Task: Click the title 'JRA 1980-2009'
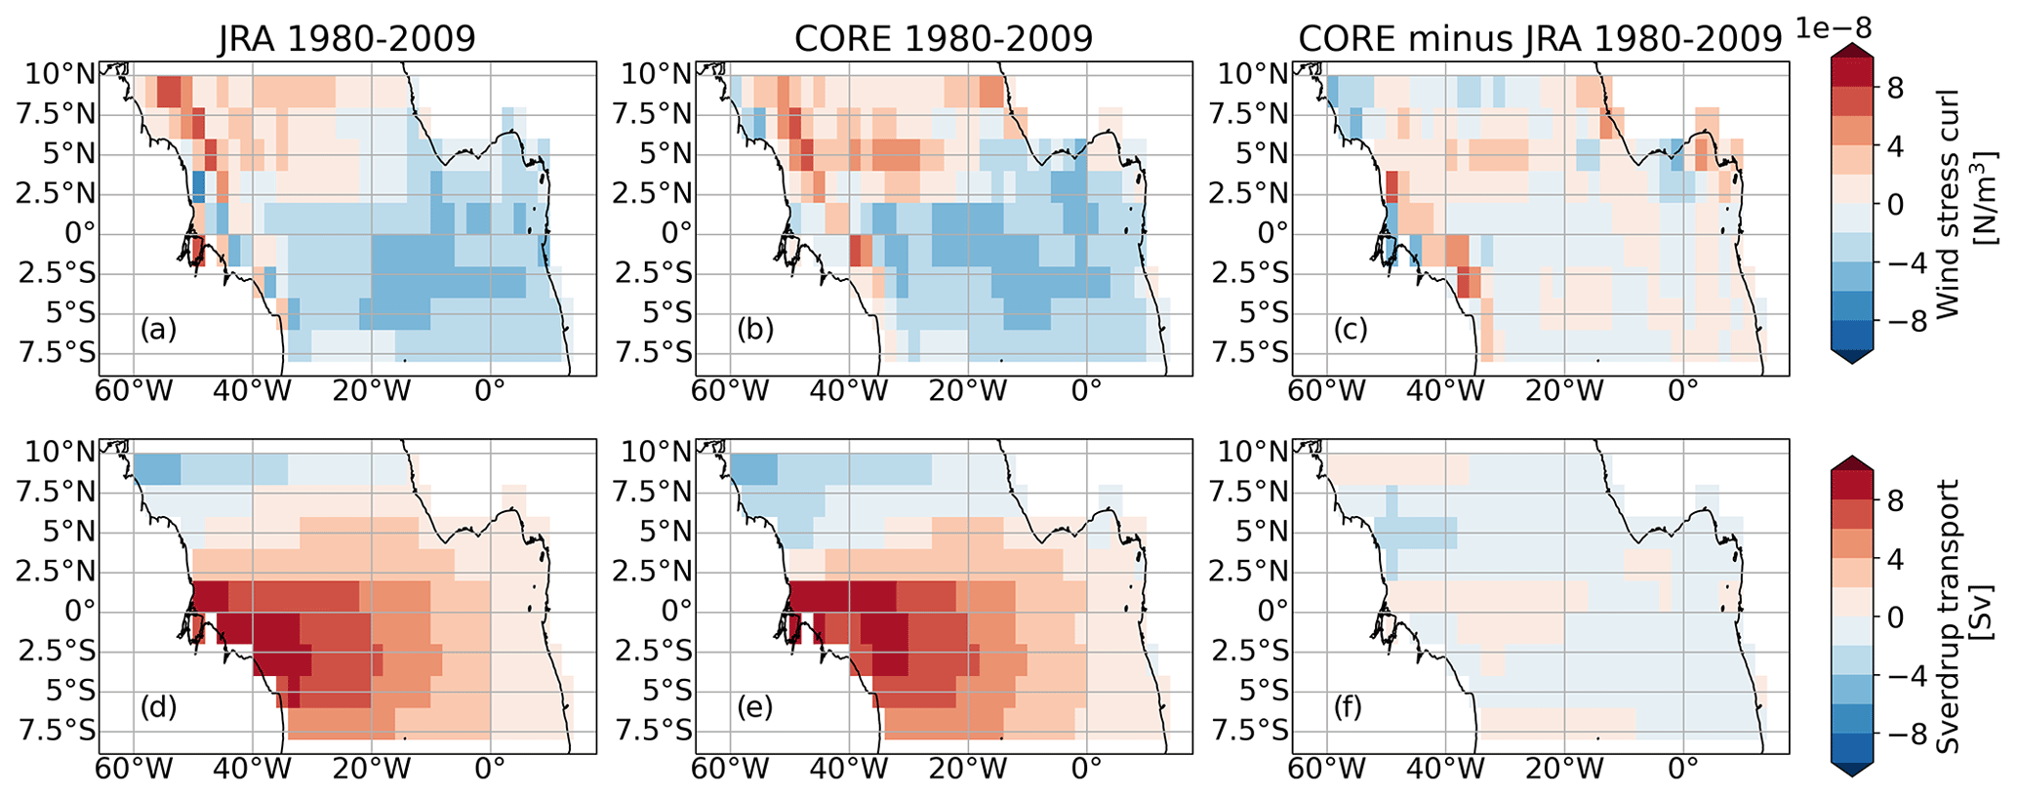coord(346,39)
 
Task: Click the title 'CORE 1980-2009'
coord(944,39)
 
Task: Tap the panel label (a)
coord(158,330)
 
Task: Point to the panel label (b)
coord(755,330)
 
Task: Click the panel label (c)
coord(1351,330)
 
